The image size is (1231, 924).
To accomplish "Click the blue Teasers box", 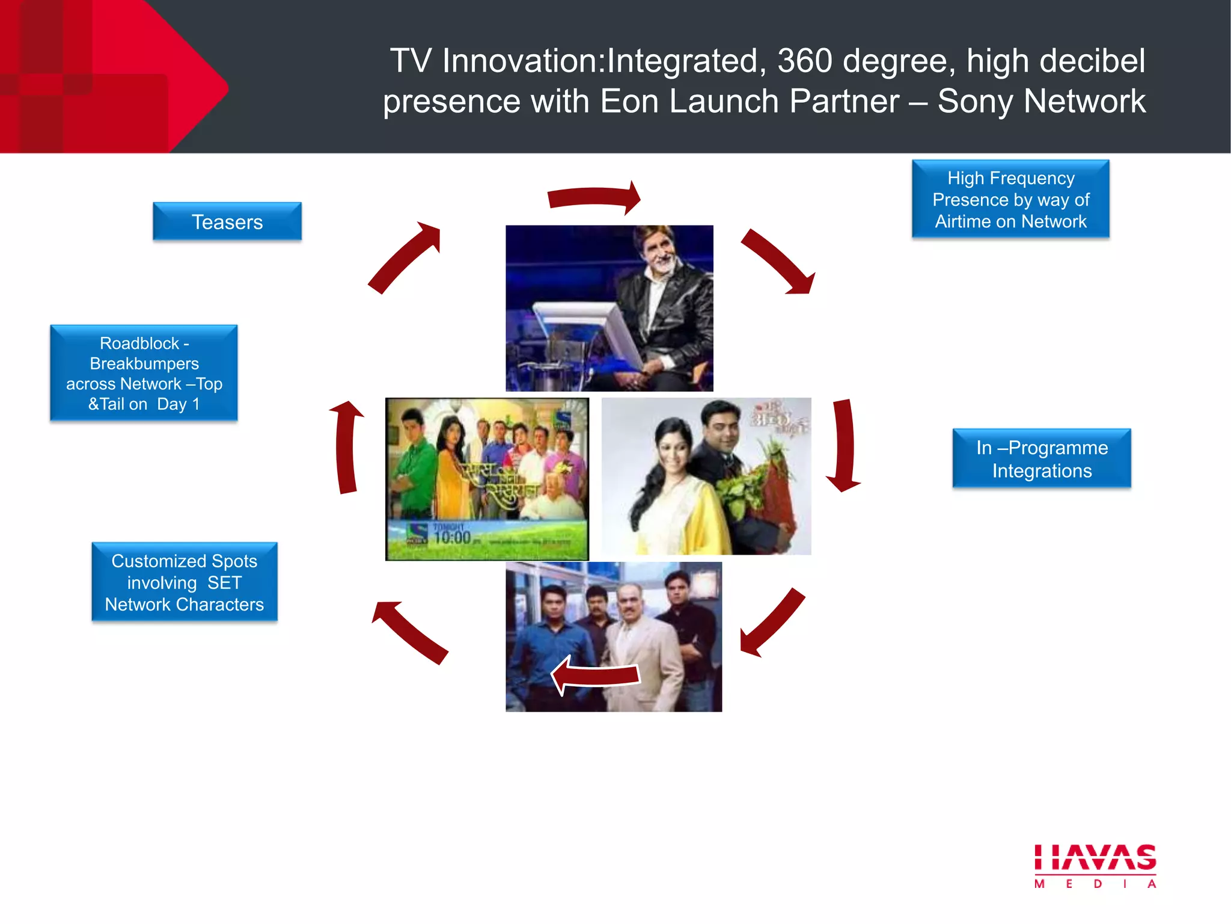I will coord(227,221).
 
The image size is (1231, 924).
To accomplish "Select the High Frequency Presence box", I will coord(1010,199).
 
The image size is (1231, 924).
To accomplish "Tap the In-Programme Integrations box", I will coord(1041,458).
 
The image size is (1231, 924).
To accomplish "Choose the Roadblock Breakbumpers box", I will coord(144,373).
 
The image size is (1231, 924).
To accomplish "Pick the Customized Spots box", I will coord(185,582).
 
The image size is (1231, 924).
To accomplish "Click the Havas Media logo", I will coord(1095,865).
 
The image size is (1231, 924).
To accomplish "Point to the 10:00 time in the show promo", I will coord(452,537).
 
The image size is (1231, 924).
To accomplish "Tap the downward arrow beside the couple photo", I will coord(844,445).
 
